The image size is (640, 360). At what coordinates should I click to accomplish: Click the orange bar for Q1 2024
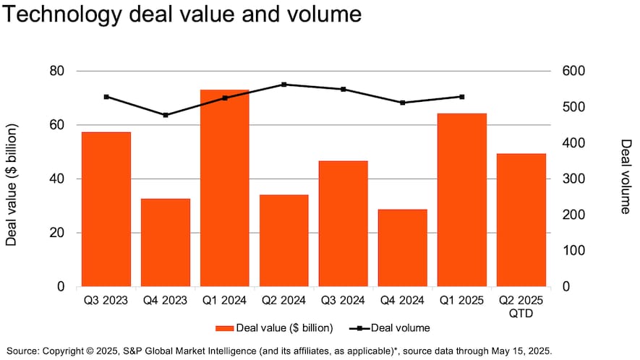pos(224,188)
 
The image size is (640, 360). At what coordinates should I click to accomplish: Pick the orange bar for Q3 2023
pos(106,209)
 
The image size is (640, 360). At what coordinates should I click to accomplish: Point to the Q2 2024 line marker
pos(284,85)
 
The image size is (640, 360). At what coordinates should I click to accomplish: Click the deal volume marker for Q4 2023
pos(166,115)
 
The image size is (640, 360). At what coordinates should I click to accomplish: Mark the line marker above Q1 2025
pos(462,97)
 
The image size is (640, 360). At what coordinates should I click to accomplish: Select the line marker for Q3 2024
pos(344,90)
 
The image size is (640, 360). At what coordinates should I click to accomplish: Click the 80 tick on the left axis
pos(56,71)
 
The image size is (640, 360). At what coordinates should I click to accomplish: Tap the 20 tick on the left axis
pos(56,233)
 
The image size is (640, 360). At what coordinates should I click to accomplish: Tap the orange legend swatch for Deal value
pos(224,328)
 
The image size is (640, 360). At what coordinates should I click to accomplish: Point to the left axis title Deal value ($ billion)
pos(12,185)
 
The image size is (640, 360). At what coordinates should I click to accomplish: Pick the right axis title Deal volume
pos(625,176)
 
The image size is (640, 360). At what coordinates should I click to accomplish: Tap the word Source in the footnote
pos(23,351)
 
